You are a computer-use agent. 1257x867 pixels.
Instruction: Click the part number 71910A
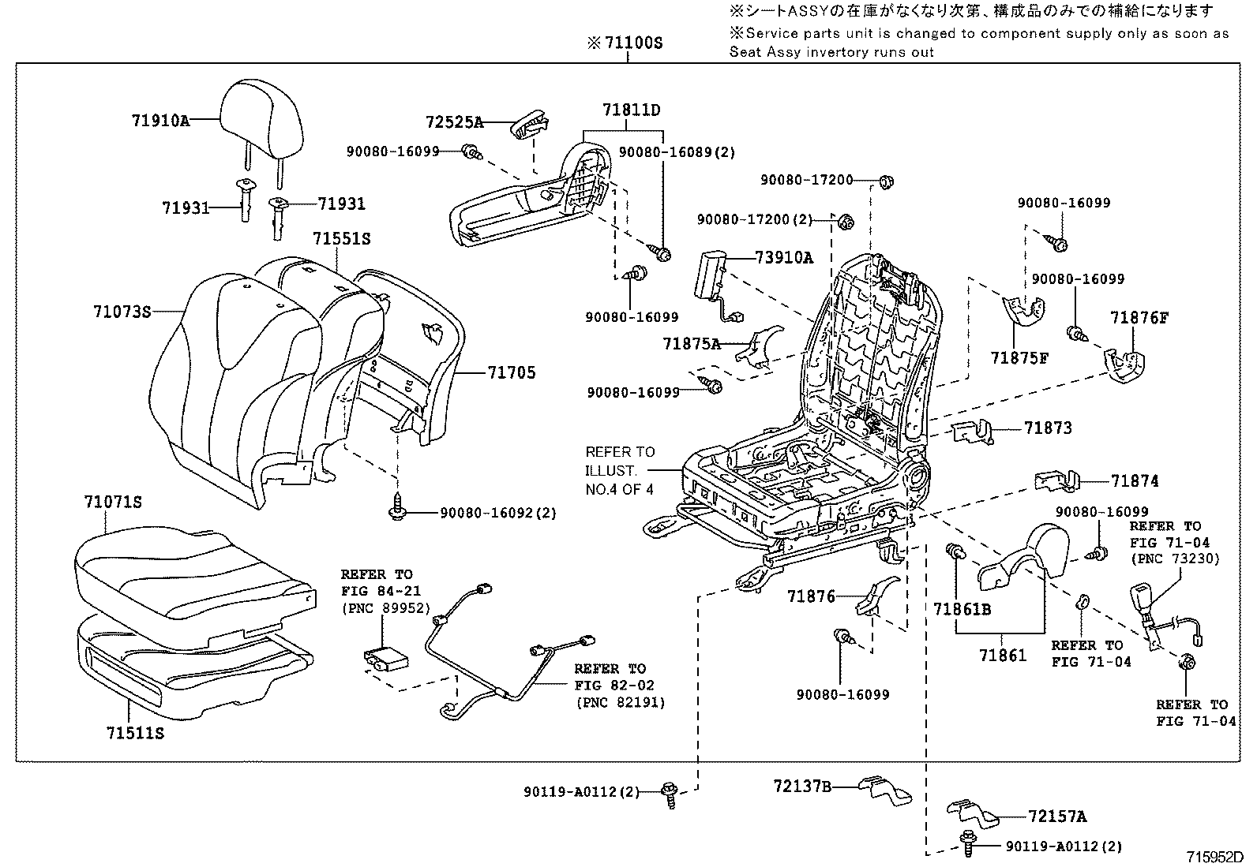coord(160,121)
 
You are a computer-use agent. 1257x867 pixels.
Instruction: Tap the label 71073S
coord(122,312)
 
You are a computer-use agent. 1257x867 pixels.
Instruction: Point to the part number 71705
coord(511,372)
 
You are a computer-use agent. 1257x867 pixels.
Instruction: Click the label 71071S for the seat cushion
coord(113,502)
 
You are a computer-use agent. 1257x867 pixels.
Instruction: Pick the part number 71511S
coord(135,733)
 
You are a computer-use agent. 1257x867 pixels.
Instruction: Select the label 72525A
coord(454,122)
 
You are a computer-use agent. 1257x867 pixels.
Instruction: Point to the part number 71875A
coord(692,343)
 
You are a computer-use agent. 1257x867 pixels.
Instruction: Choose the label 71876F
coord(1139,318)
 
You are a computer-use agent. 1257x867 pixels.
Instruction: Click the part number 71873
coord(1048,428)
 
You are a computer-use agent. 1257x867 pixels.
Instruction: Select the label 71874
coord(1135,480)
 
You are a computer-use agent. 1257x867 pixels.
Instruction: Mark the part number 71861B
coord(962,609)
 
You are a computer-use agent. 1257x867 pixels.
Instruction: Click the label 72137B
coord(802,786)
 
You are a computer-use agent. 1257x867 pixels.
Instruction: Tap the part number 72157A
coord(1057,817)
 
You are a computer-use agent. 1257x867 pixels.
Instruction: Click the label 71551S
coord(341,238)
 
